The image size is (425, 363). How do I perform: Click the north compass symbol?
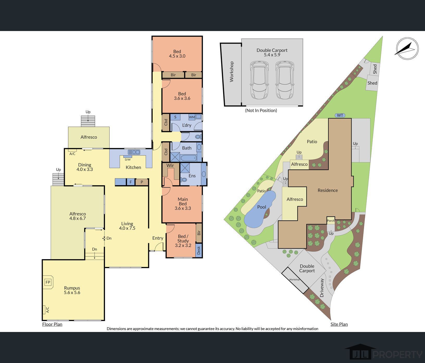(x=407, y=49)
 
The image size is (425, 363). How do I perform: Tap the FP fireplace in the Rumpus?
(x=48, y=282)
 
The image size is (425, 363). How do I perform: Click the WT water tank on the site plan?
(x=340, y=115)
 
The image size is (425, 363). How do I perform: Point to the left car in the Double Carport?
(x=259, y=80)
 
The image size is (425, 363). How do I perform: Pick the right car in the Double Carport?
(x=284, y=80)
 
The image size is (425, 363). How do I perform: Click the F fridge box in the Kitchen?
(x=131, y=182)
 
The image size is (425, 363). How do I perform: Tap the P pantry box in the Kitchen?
(x=142, y=182)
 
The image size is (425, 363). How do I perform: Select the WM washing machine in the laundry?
(x=192, y=117)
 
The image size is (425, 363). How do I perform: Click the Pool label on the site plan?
(x=262, y=207)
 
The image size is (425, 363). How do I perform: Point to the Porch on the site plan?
(x=331, y=220)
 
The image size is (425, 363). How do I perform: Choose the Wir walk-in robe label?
(x=170, y=165)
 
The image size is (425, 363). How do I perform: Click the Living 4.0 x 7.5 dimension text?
(x=127, y=228)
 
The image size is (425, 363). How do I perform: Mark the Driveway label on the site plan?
(x=322, y=288)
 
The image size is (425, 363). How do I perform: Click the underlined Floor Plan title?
(x=52, y=324)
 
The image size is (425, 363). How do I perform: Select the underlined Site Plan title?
(x=339, y=324)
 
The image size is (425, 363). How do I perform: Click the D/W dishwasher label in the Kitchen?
(x=128, y=160)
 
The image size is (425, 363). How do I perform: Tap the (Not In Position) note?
(x=261, y=110)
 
